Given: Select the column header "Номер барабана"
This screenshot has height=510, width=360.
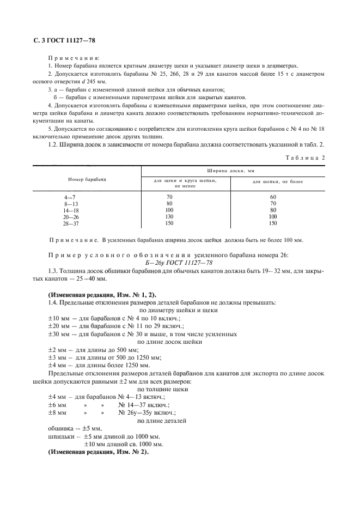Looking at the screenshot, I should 87,179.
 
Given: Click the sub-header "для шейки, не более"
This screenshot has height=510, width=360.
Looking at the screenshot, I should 278,181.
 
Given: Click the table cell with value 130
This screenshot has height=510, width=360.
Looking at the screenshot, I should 169,216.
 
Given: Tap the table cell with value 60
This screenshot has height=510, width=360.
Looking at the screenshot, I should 273,196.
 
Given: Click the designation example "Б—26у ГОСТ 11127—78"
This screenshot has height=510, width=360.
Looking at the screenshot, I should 175,263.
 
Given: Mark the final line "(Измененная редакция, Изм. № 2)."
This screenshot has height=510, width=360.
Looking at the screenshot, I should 98,452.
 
